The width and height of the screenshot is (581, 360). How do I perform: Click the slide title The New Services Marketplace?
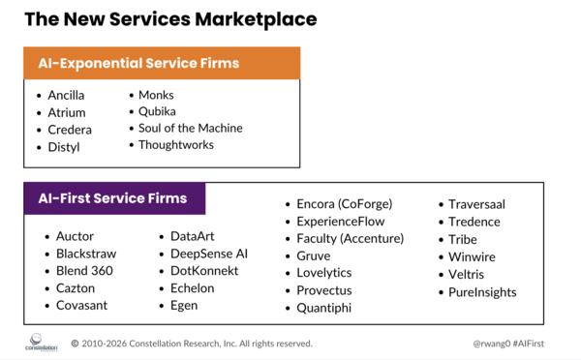click(169, 18)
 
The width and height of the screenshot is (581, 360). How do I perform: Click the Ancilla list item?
click(66, 95)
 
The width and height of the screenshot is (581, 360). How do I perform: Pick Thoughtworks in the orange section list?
click(175, 145)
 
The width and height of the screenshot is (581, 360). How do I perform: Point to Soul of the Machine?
click(190, 128)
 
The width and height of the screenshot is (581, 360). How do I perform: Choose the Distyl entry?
click(63, 147)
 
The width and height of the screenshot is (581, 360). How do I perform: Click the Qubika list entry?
click(159, 111)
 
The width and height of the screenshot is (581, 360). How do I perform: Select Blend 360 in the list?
click(84, 270)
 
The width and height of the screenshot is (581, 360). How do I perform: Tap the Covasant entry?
click(82, 305)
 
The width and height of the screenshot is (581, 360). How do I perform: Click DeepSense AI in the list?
click(202, 253)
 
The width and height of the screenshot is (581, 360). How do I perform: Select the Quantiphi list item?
click(324, 308)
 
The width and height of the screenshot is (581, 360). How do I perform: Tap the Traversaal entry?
click(476, 204)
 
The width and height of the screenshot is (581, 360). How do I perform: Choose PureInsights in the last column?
click(482, 291)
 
